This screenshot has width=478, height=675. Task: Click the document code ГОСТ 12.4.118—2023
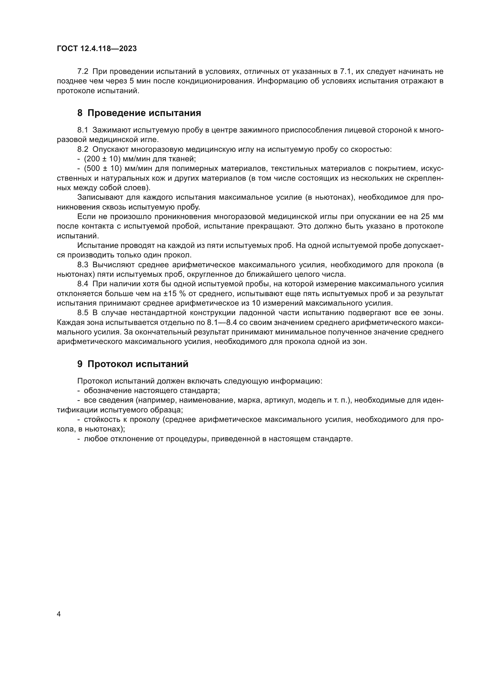[97, 49]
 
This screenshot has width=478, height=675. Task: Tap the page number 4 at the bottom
[59, 614]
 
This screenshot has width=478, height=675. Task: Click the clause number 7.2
[83, 72]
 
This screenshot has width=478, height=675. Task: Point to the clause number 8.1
[83, 130]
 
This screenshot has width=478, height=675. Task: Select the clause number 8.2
[83, 149]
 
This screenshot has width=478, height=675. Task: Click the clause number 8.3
[83, 265]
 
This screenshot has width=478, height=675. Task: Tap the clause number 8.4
[83, 284]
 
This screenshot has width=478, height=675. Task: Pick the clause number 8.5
[83, 313]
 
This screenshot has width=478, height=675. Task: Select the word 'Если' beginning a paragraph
[84, 217]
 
